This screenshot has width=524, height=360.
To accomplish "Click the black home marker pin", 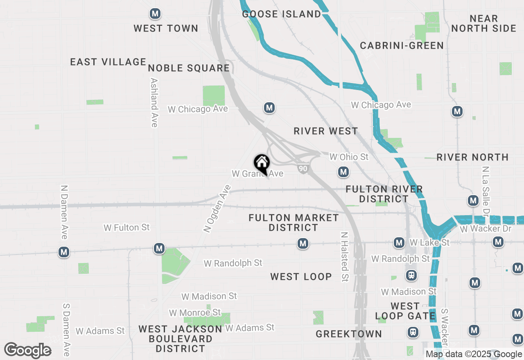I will tap(262, 164).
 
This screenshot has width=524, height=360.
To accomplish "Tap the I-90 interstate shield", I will tap(303, 168).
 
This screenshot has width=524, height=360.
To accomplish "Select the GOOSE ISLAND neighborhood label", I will tap(282, 14).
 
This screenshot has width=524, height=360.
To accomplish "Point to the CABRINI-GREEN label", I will tap(402, 45).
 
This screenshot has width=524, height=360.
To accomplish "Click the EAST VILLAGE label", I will tap(108, 62).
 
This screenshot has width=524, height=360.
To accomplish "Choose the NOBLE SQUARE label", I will tap(189, 68).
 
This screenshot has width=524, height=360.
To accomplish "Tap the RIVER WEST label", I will tap(326, 131).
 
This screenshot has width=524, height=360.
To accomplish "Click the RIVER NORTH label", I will tap(472, 157).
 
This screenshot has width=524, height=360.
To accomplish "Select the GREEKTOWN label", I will tap(349, 334).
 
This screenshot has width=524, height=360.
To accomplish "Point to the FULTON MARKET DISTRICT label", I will tap(294, 223).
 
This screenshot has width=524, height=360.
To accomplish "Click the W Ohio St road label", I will tap(349, 157).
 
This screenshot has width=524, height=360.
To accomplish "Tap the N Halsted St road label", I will tap(345, 257).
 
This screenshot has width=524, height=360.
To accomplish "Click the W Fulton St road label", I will tap(127, 227).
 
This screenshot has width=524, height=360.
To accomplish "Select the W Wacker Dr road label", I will tap(486, 229).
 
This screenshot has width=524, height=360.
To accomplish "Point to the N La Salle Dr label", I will tap(486, 191).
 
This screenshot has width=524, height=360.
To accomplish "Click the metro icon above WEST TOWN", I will tap(155, 13).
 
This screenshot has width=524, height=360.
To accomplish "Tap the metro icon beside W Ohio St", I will tap(343, 172).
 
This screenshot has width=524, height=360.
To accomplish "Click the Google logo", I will tap(27, 350).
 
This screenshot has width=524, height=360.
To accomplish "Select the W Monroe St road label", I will tap(195, 313).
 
